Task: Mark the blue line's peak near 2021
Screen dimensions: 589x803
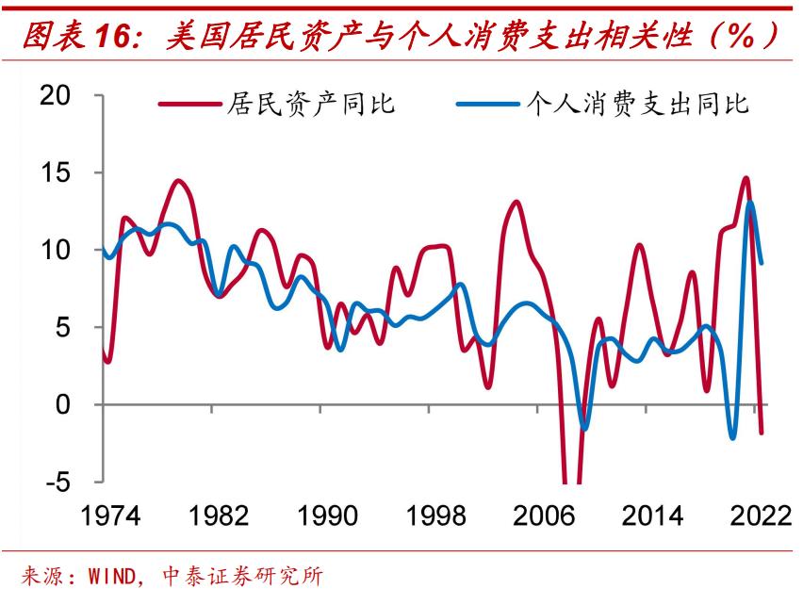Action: pos(750,202)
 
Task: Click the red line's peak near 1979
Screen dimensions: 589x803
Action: pos(178,181)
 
